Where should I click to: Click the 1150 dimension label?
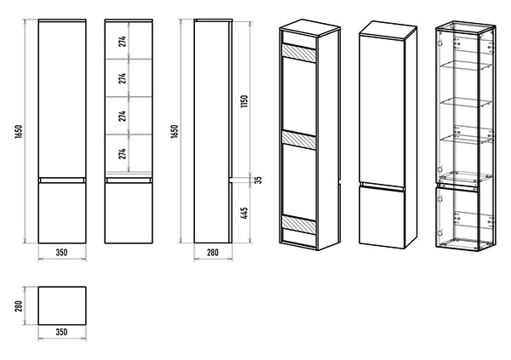(245, 101)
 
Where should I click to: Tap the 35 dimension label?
(258, 180)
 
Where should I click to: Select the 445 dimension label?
(245, 213)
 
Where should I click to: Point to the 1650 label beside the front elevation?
(19, 131)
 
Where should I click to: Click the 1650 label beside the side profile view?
(175, 131)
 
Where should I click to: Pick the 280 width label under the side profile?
(213, 253)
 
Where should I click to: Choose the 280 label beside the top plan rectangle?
(19, 306)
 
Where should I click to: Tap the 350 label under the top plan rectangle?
(61, 332)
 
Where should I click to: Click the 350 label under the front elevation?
(61, 253)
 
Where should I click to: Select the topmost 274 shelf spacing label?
(122, 42)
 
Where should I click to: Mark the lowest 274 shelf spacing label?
(122, 154)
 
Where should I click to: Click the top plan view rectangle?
(62, 306)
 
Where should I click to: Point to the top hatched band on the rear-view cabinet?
(299, 54)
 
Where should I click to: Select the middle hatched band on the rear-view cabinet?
(299, 140)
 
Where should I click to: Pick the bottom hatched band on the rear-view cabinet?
(299, 224)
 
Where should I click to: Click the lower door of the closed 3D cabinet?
(382, 217)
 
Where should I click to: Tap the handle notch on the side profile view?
(230, 180)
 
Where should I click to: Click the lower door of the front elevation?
(62, 213)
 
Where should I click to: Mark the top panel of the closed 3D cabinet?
(388, 29)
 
